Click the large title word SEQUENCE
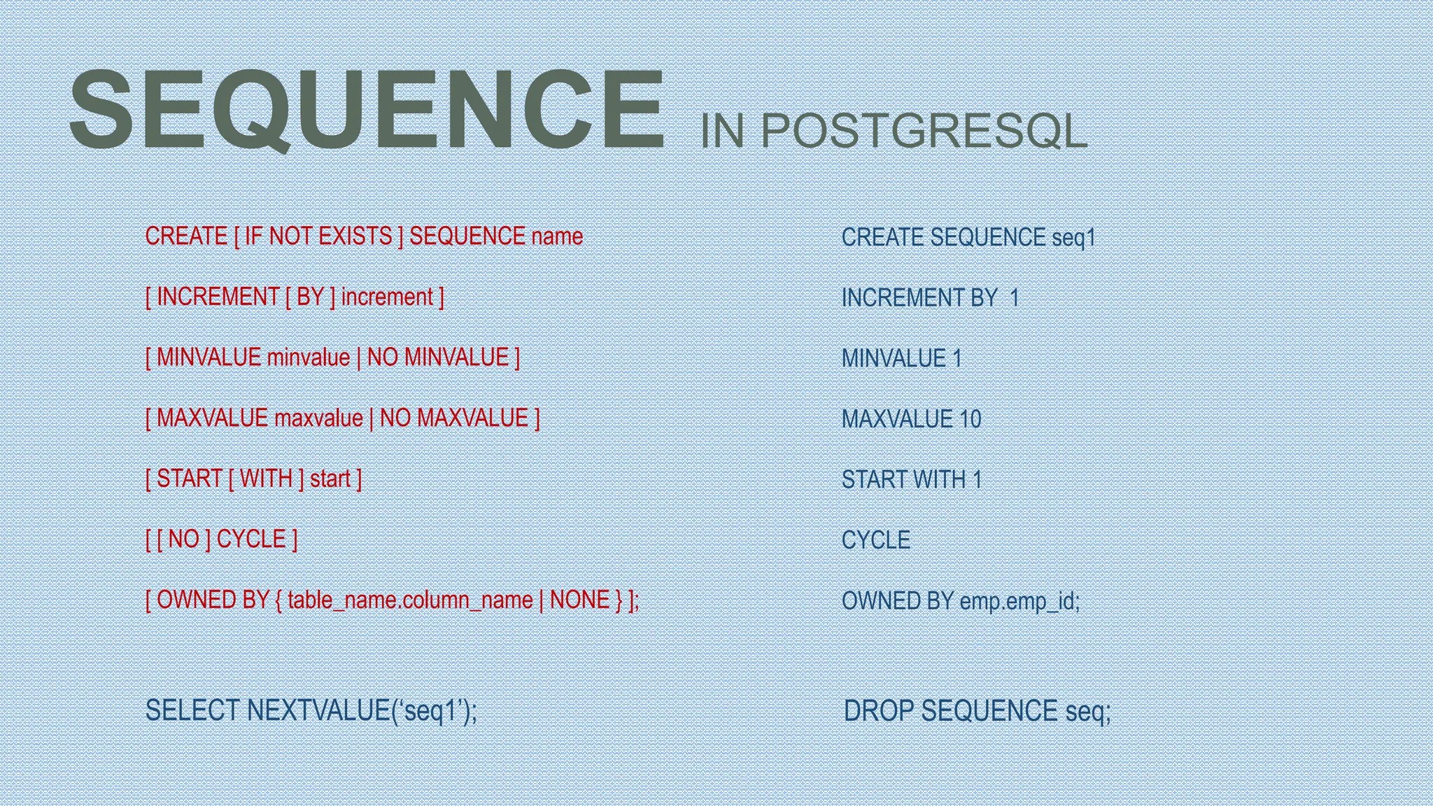367,110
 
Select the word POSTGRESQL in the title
924,132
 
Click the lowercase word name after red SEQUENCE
557,236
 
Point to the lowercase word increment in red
387,297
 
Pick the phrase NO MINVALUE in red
438,358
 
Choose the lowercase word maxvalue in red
318,418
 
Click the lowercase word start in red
330,479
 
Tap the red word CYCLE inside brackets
251,539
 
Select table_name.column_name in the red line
410,600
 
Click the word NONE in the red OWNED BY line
579,600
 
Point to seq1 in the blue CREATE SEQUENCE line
1073,238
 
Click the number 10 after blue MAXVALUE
970,420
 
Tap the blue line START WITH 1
911,480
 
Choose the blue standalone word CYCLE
875,541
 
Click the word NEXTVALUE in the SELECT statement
318,711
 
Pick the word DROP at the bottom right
879,712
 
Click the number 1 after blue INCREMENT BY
1015,299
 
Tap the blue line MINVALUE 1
901,359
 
